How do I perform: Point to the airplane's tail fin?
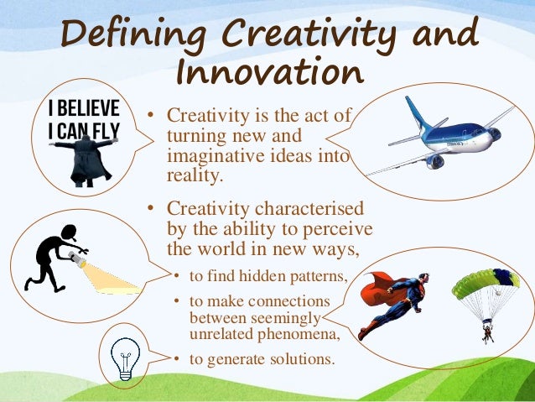pos(417,110)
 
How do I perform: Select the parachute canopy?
pos(485,282)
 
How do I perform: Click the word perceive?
pos(335,228)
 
